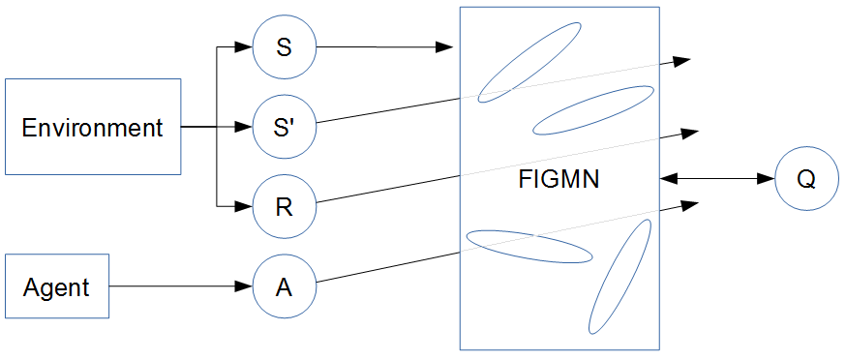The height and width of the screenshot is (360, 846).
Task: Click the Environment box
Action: click(x=93, y=127)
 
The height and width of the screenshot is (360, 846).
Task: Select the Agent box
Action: click(x=57, y=286)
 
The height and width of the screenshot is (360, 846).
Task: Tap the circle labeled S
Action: click(x=285, y=46)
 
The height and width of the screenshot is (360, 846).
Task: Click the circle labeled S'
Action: click(x=285, y=127)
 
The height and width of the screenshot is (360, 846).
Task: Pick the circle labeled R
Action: click(x=285, y=207)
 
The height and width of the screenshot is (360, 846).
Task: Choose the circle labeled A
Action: click(x=285, y=286)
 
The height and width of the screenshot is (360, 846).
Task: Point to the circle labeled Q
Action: click(x=806, y=179)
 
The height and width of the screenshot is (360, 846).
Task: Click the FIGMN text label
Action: click(x=559, y=179)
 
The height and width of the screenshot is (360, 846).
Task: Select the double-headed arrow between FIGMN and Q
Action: click(x=717, y=179)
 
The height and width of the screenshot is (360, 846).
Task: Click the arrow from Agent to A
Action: click(x=174, y=286)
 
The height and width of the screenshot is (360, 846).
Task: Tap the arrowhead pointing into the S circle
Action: click(x=243, y=46)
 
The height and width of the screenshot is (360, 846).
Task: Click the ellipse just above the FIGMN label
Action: click(x=593, y=109)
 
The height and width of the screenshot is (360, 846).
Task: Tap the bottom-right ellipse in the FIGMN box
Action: click(x=619, y=277)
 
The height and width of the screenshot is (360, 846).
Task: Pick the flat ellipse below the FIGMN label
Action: click(x=529, y=246)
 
